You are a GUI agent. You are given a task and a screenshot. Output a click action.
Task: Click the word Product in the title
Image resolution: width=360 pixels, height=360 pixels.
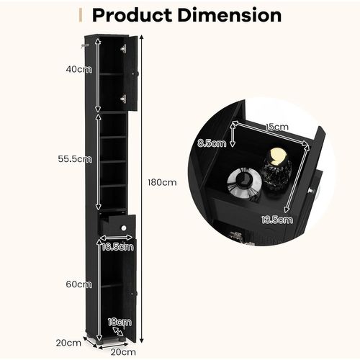tap(132, 15)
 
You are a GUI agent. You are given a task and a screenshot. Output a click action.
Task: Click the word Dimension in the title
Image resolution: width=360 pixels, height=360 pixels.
tap(230, 15)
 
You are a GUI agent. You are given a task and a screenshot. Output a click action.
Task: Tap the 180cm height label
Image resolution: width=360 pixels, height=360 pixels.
tap(162, 183)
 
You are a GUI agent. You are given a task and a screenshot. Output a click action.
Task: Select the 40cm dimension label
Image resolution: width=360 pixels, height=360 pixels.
tap(78, 69)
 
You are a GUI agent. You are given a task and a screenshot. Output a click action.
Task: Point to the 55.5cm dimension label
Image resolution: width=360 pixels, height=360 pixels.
tap(75, 159)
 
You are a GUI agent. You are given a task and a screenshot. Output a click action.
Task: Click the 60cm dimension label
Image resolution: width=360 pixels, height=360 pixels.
tap(78, 284)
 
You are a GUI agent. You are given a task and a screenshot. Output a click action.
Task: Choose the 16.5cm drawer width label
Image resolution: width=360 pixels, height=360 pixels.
tap(117, 247)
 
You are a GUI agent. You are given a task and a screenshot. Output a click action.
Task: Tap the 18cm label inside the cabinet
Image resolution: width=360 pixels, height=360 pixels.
tap(120, 322)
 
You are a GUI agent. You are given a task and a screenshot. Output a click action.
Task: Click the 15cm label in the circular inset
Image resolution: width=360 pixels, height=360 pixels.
tap(276, 127)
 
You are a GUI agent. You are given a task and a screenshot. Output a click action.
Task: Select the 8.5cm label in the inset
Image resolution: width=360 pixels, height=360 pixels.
tap(212, 143)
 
